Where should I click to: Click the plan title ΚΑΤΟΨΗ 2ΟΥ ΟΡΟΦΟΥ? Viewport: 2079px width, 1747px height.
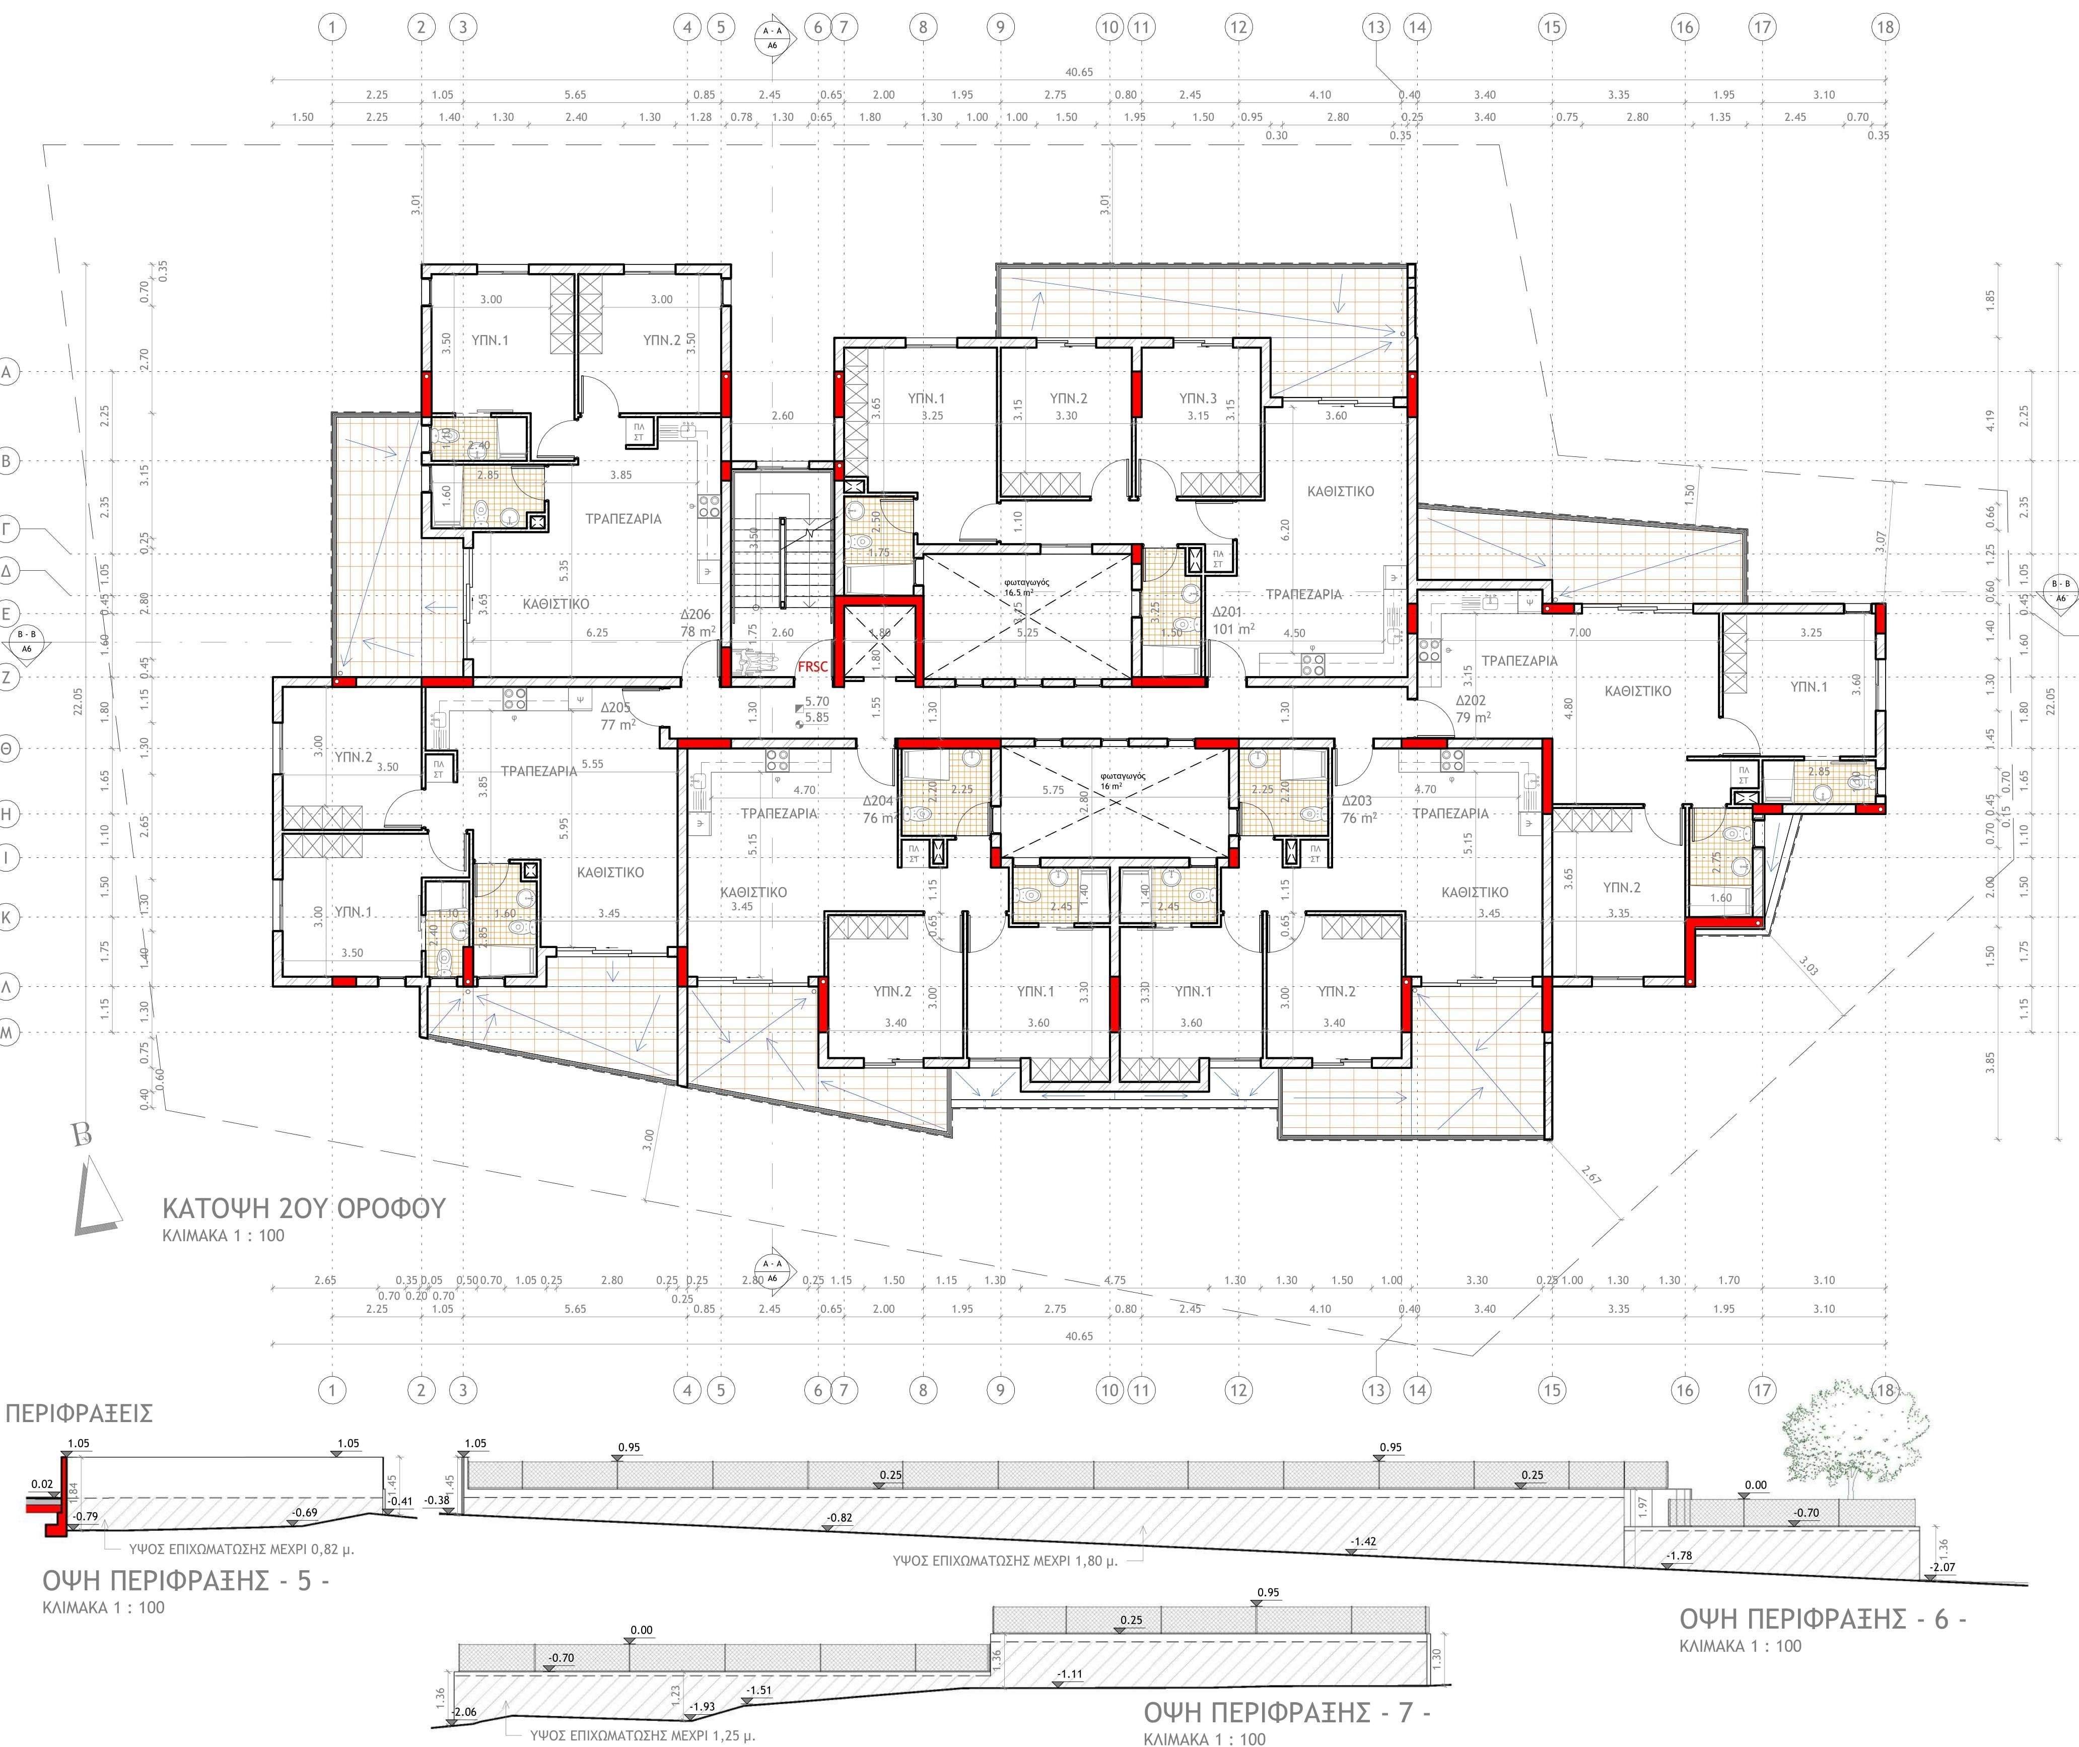[304, 1208]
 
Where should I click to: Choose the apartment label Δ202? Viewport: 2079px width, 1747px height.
[1470, 700]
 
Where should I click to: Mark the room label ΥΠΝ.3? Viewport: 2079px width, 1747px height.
[1198, 398]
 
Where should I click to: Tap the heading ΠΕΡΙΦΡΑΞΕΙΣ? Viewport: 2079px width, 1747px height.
[79, 1413]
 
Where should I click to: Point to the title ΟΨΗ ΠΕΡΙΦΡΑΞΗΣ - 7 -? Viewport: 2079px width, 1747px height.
[1287, 1712]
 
